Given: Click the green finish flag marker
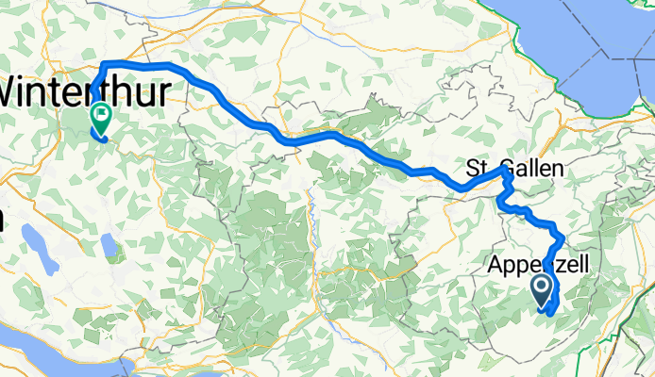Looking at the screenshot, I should pos(100,117).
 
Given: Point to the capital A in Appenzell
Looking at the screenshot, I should pos(499,267).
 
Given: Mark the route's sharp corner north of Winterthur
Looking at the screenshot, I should pos(102,64).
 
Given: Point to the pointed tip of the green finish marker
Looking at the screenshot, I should pos(100,132).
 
